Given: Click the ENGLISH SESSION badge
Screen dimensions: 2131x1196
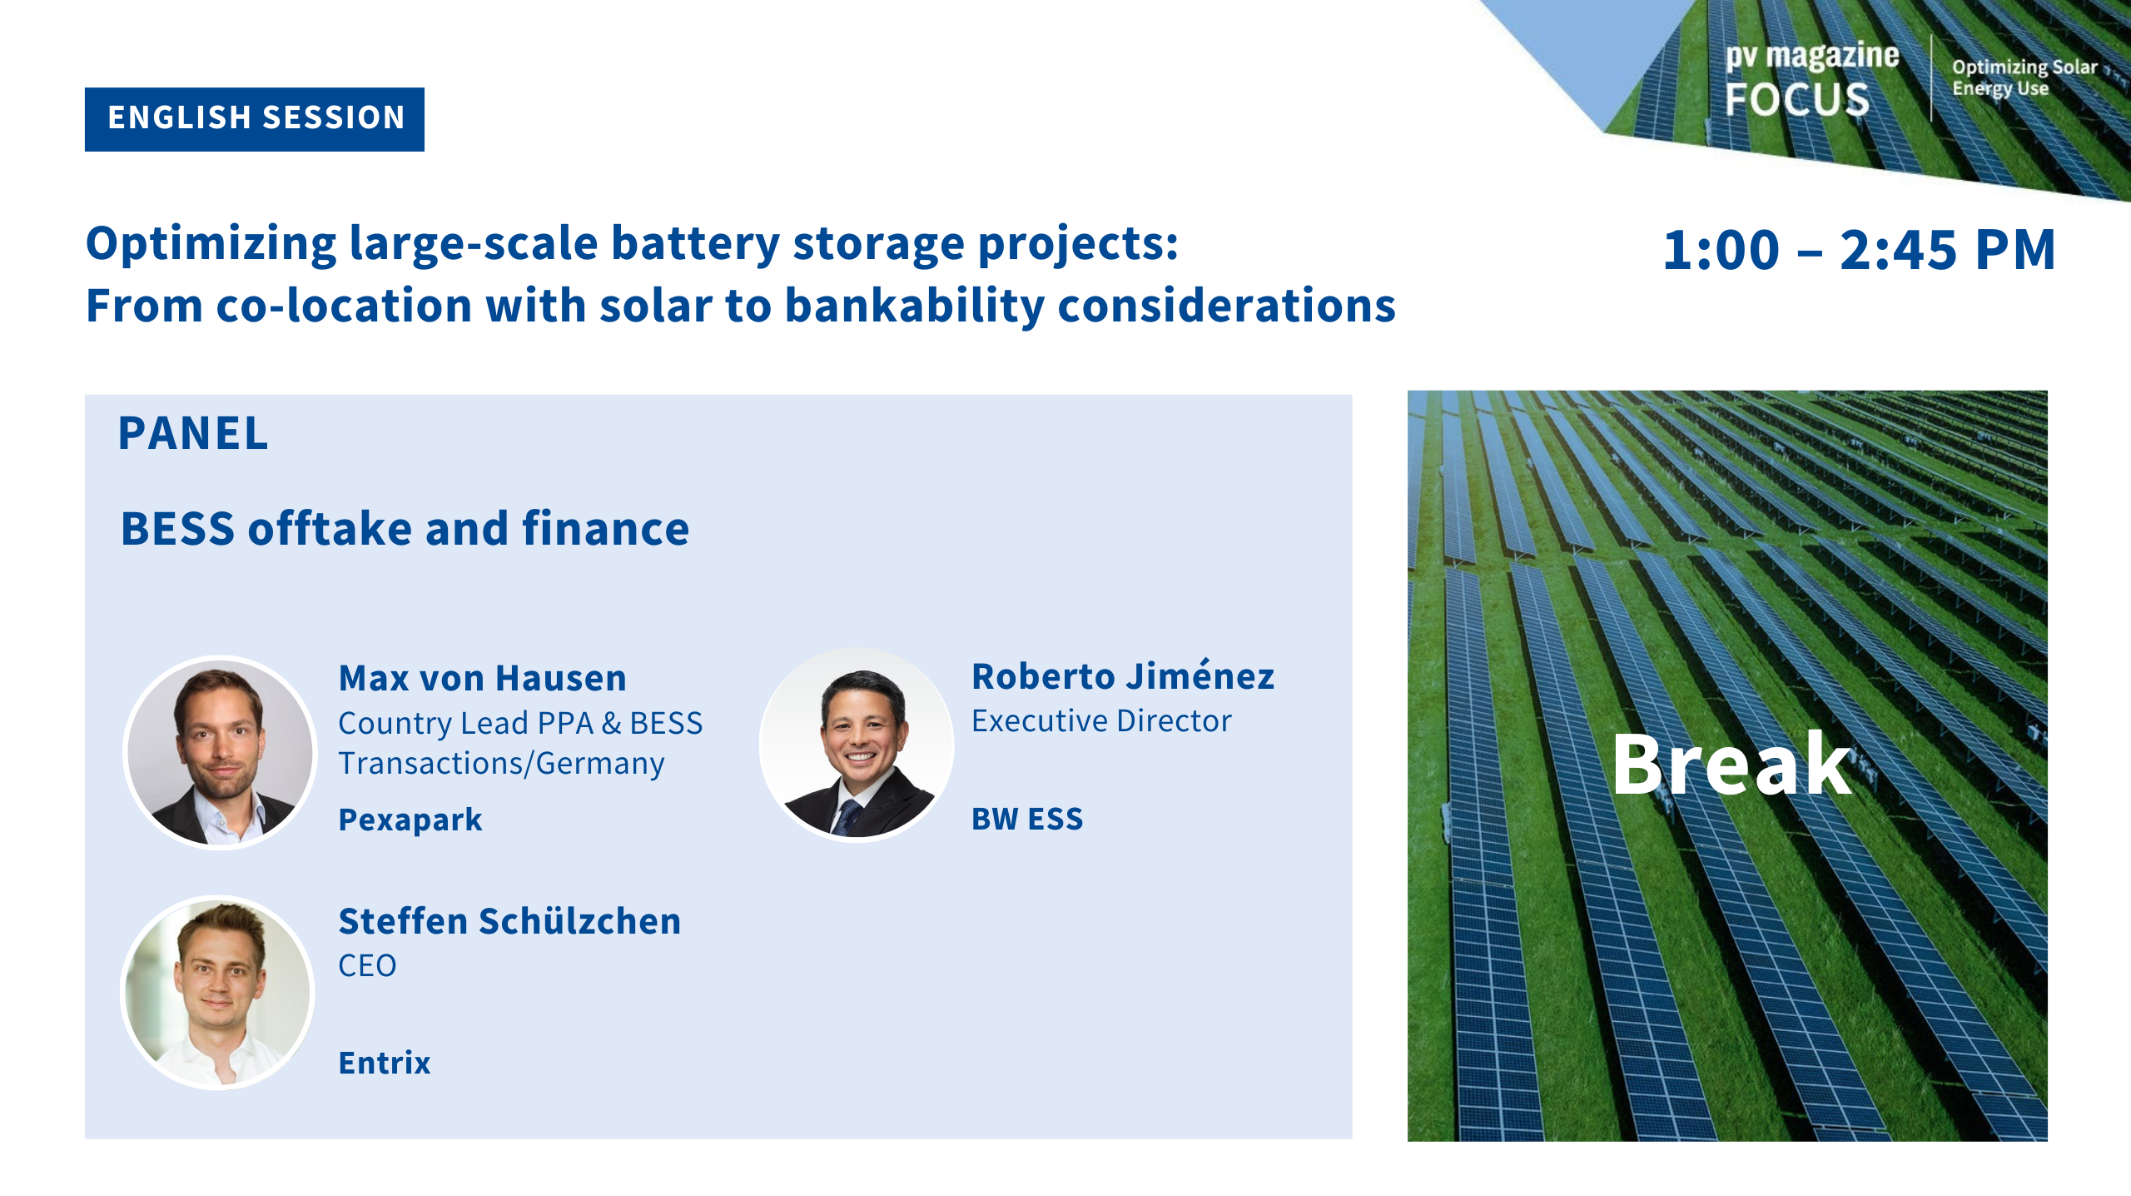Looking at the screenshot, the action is click(x=255, y=119).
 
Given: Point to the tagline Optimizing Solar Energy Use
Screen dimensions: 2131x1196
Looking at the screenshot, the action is click(x=2024, y=77).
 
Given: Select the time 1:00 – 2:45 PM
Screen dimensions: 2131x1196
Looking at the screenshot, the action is click(x=1859, y=249).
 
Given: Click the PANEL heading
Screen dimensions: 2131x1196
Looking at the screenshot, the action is click(x=193, y=433).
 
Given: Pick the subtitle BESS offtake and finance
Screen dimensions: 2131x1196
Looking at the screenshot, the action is click(x=405, y=529).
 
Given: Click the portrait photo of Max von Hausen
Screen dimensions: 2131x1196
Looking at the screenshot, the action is click(x=220, y=752).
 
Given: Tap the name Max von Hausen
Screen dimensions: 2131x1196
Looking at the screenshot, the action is click(x=482, y=678).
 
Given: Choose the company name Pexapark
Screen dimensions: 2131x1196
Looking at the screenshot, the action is click(x=410, y=820).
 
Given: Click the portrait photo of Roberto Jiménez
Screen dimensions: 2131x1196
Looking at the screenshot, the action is click(x=857, y=745).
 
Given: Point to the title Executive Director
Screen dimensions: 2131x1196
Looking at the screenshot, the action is click(x=1101, y=720).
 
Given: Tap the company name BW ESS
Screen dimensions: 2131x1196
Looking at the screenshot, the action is click(x=1027, y=819).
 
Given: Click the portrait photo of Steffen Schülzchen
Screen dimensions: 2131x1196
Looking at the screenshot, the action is click(x=218, y=992).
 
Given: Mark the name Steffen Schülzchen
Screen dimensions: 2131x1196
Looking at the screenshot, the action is click(x=509, y=921).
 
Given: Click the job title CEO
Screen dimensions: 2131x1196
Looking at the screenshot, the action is click(x=367, y=966).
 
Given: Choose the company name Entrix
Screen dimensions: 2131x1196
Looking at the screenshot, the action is click(x=385, y=1063).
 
